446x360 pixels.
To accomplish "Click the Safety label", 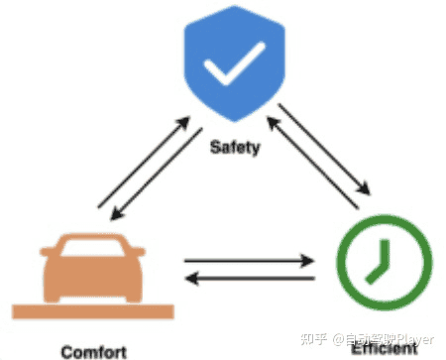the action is click(234, 149).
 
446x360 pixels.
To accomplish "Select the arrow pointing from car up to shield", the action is click(144, 165).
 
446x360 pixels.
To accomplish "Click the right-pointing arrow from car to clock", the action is click(248, 262).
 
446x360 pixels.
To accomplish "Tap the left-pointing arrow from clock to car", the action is click(248, 281).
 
